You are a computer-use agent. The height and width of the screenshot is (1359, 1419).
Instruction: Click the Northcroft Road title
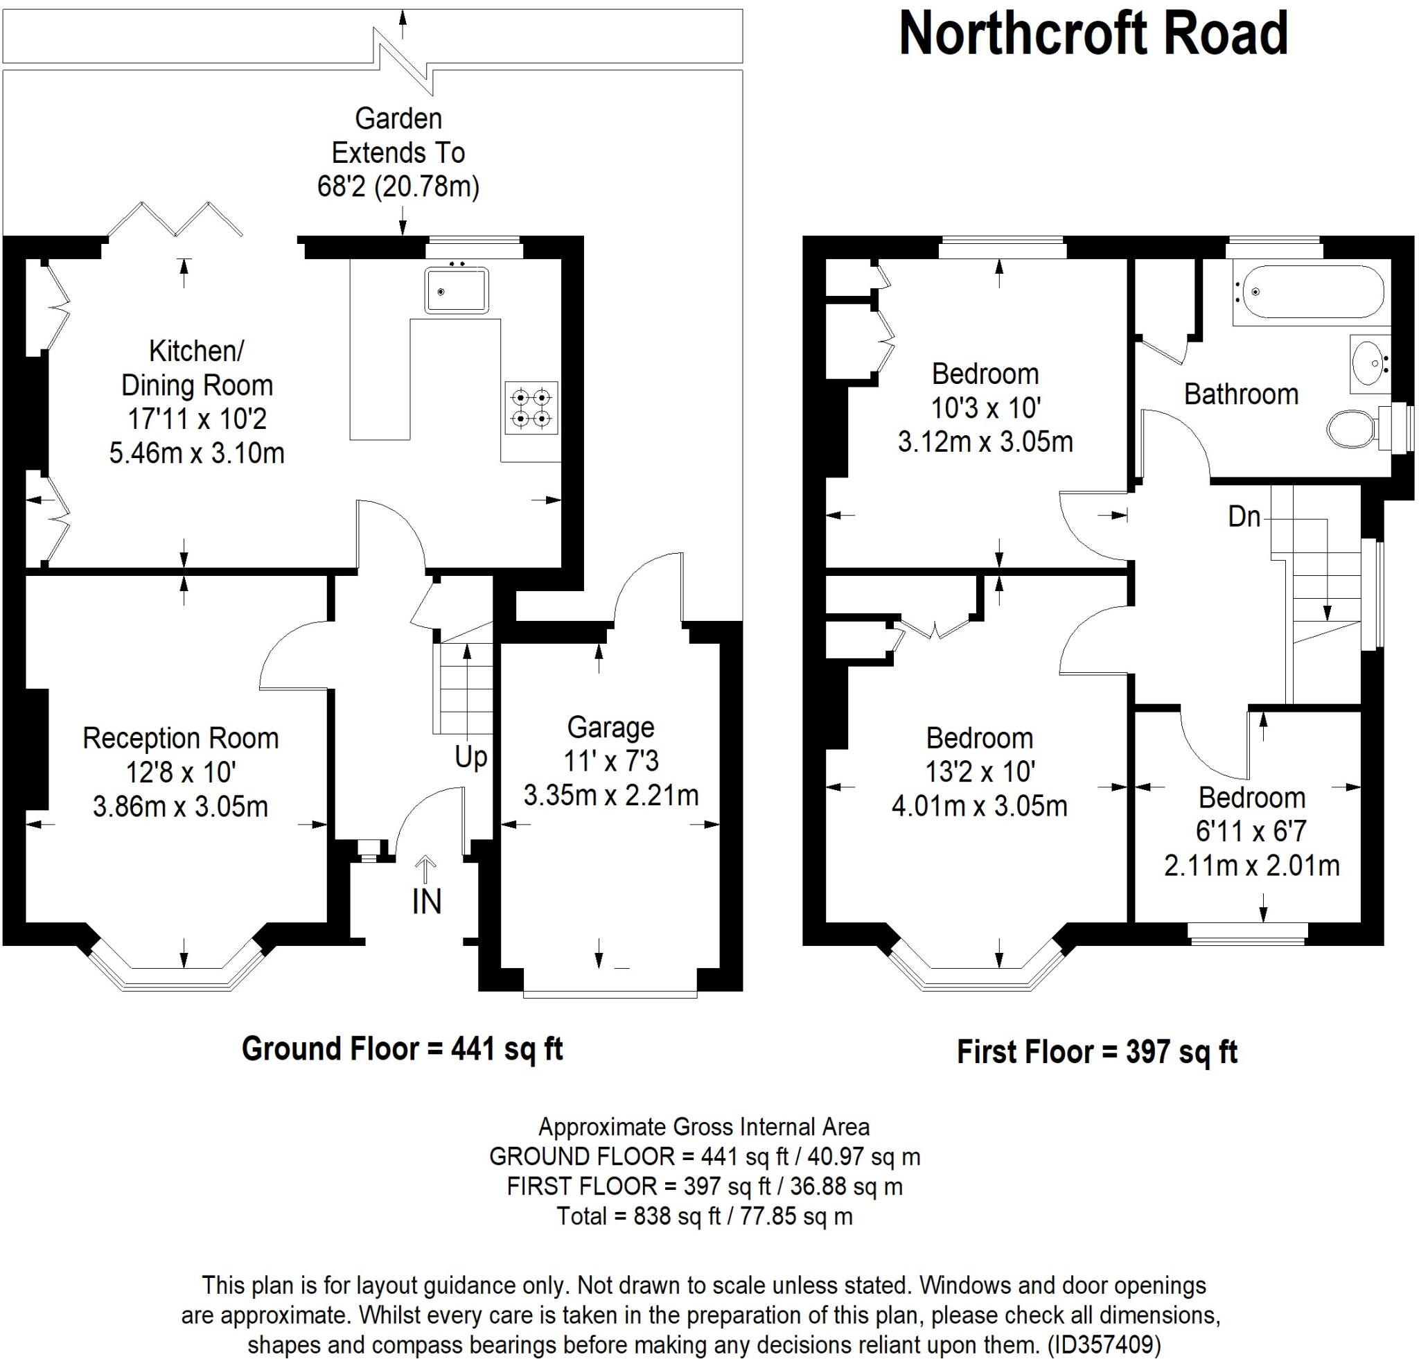point(1093,34)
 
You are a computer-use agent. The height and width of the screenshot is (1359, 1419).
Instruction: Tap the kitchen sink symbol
point(456,290)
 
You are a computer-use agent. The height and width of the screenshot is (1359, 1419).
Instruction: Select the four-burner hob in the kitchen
point(531,407)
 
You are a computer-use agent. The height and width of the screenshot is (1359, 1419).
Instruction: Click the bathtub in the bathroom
point(1307,292)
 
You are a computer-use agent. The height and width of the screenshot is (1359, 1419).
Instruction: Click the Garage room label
point(610,727)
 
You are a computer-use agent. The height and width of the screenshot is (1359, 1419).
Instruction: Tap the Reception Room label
point(180,739)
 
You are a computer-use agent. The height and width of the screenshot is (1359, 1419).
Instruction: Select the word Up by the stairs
point(470,757)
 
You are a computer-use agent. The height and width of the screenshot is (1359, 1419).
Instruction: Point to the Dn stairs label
point(1244,517)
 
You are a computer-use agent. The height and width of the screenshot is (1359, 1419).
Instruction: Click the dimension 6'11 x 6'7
point(1251,831)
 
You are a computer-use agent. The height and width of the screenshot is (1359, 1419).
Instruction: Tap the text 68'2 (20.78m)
point(398,187)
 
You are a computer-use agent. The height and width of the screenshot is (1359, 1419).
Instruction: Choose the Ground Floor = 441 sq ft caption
point(402,1049)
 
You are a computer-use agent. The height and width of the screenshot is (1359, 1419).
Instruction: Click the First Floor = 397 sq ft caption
point(1097,1051)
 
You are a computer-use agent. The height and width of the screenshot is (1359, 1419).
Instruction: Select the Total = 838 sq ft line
point(704,1216)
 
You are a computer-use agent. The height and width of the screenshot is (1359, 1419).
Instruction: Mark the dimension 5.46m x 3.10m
point(196,453)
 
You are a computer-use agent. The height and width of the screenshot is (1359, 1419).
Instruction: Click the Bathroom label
point(1241,394)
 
